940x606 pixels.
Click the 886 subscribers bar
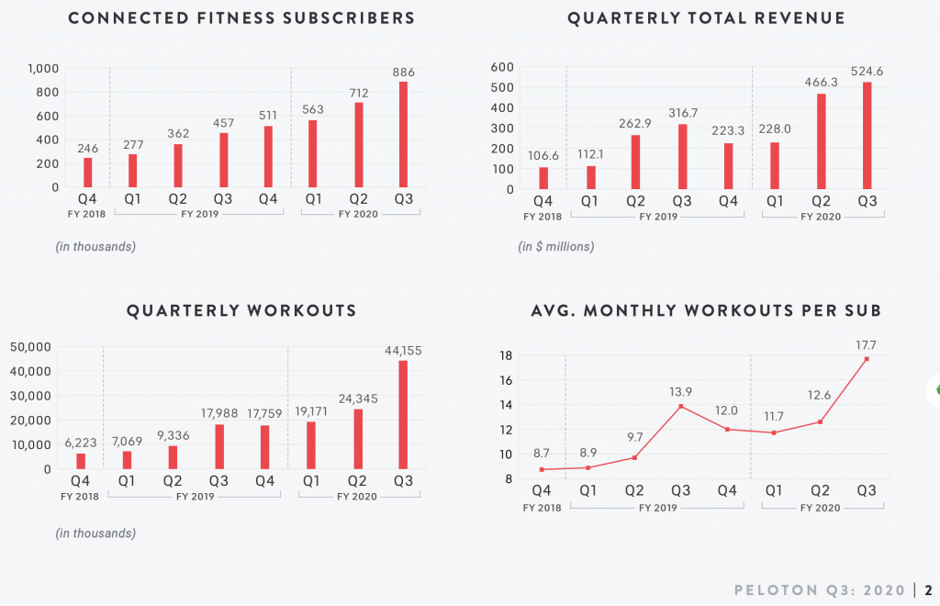[x=403, y=134]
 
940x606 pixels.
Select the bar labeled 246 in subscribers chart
[x=88, y=173]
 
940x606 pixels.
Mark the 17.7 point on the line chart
[x=867, y=359]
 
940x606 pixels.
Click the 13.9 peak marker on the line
[x=681, y=406]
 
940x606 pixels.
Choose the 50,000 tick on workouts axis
[x=33, y=347]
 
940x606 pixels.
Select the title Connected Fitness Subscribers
[x=241, y=18]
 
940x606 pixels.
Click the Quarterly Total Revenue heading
[x=706, y=18]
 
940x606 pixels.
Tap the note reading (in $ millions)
[x=556, y=246]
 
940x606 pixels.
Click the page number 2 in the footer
[x=929, y=589]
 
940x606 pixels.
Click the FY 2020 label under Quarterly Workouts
[x=357, y=497]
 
